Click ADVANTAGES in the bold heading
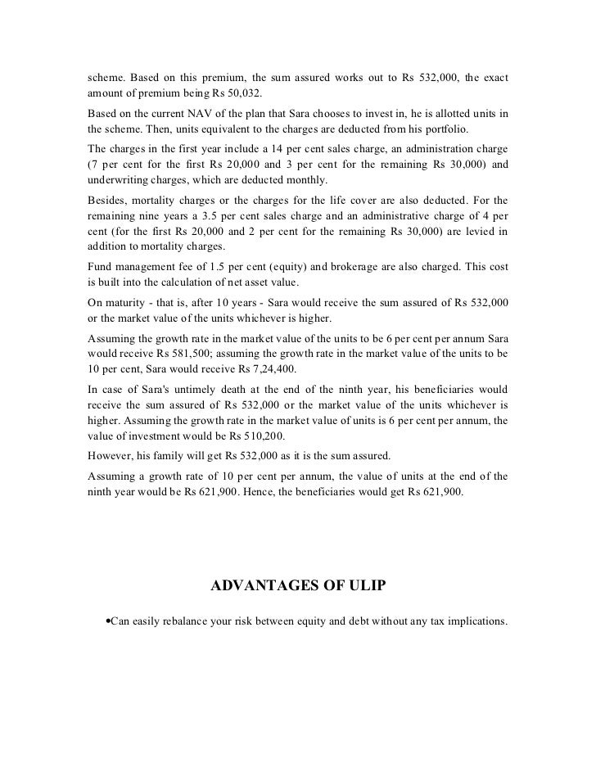tap(261, 586)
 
